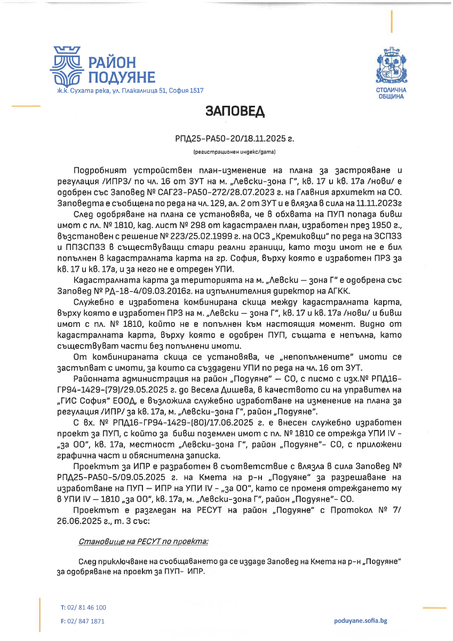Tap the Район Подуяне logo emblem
click(x=66, y=67)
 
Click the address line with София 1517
click(x=130, y=91)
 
